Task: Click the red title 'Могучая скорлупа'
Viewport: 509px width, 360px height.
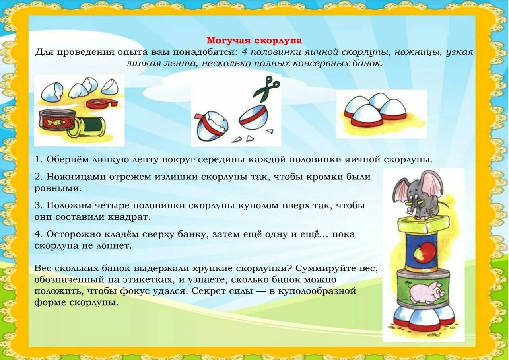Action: click(254, 41)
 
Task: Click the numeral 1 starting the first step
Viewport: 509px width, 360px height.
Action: click(37, 160)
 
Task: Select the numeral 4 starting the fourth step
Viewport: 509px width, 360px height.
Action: click(37, 234)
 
